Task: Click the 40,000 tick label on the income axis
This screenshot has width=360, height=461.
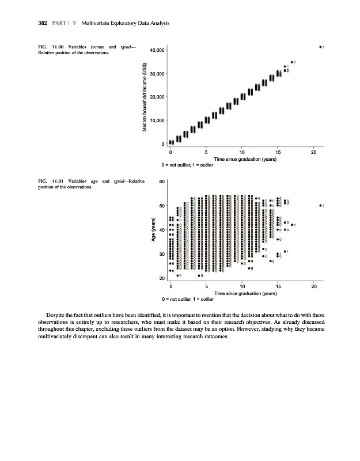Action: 157,51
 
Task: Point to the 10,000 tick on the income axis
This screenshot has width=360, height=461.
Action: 157,120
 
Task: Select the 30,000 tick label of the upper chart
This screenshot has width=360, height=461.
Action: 157,74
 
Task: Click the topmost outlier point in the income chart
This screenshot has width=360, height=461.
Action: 320,47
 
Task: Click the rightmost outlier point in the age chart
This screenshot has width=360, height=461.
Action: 320,205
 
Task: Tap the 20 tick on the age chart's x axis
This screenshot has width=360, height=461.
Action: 313,286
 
